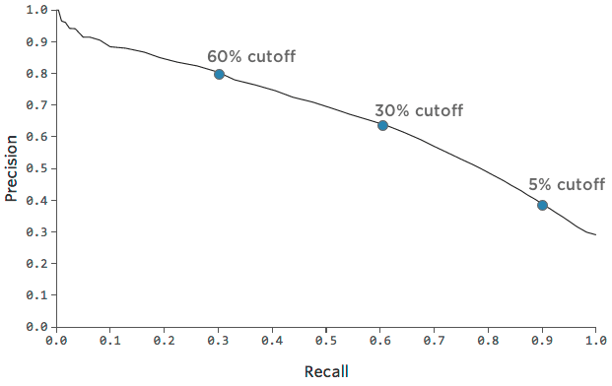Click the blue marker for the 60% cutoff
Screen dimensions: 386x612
click(219, 74)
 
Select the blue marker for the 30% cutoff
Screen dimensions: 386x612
click(382, 125)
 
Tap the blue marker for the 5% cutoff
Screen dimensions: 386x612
click(542, 205)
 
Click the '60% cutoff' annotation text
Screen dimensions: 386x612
click(250, 56)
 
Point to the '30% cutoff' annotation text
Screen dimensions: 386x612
click(418, 110)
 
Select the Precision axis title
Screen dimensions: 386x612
click(12, 168)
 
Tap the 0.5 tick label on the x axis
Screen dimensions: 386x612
click(326, 340)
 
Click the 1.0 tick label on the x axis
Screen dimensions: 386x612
click(595, 340)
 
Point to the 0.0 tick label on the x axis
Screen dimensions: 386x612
click(57, 340)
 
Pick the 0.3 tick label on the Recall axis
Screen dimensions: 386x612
click(219, 340)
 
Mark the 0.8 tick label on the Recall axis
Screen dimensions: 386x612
click(488, 340)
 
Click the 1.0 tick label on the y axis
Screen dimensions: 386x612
click(37, 10)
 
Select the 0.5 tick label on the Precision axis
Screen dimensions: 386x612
click(37, 168)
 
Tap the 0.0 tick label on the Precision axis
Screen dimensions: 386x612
click(37, 326)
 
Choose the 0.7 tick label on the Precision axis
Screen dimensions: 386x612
click(37, 105)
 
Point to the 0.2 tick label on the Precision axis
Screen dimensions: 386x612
click(37, 263)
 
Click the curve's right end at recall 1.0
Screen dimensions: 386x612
click(595, 234)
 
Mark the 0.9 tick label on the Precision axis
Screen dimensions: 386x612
click(37, 42)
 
